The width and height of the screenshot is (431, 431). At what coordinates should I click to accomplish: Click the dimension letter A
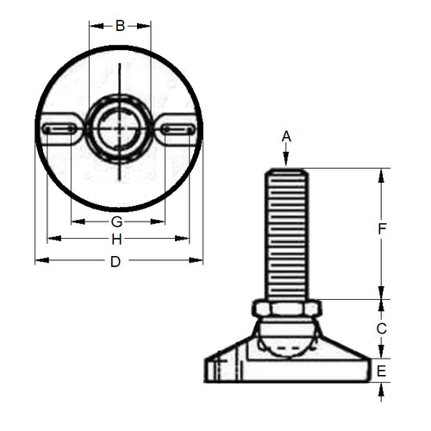coord(287,136)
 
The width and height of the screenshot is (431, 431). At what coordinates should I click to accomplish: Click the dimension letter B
coord(120,25)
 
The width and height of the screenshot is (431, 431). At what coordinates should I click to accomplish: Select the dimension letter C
coord(382,328)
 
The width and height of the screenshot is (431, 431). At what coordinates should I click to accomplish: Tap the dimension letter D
coord(116,261)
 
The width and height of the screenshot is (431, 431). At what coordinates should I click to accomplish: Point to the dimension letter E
coord(382,371)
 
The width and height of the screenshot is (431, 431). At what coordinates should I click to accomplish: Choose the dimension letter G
coord(116,222)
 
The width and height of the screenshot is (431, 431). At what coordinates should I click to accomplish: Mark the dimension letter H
coord(116,239)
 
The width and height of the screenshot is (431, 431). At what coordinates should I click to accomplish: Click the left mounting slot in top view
coord(59,129)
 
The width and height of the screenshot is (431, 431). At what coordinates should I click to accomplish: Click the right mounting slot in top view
coord(178,129)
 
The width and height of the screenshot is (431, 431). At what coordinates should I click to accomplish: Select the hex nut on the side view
coord(287,308)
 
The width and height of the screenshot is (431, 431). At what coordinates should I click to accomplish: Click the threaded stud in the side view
coord(287,233)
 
